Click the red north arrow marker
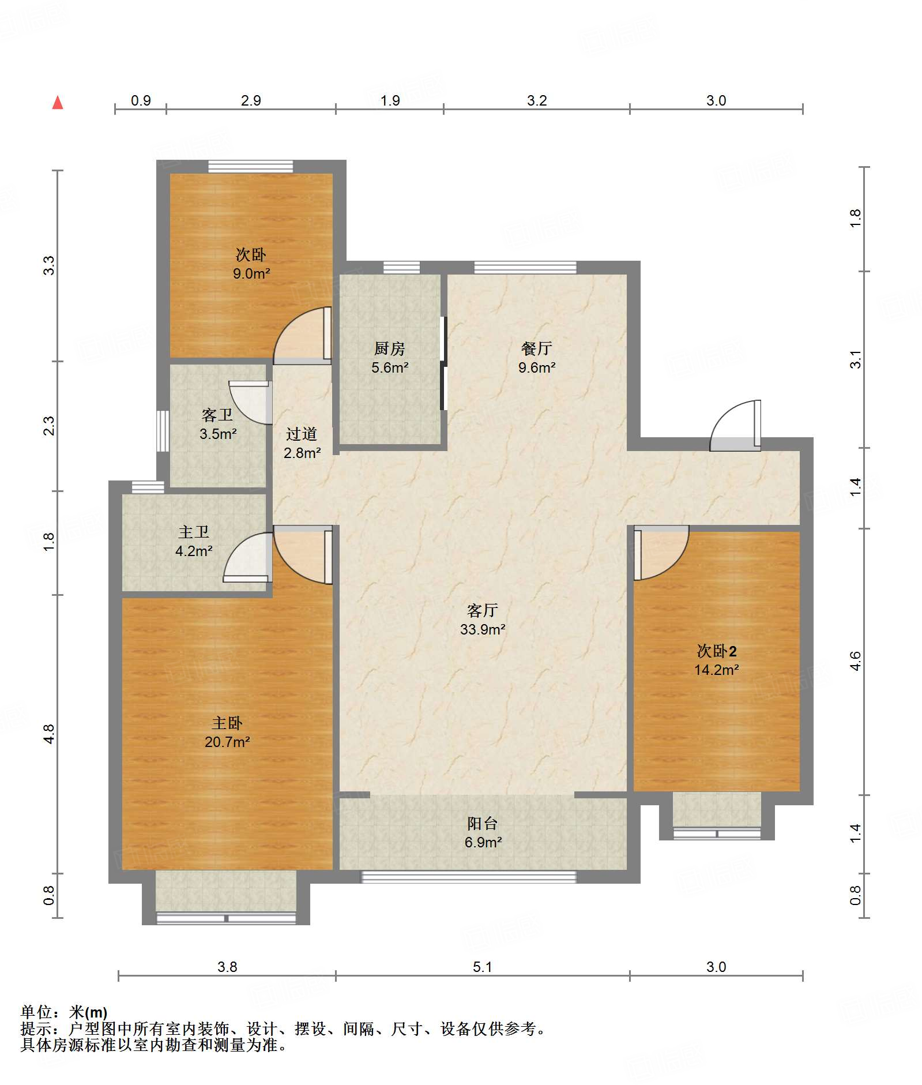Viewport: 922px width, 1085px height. [x=58, y=103]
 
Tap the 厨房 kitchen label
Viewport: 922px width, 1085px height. [x=390, y=348]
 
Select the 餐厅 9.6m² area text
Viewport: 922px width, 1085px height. [x=537, y=367]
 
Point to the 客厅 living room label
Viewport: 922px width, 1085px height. [x=483, y=610]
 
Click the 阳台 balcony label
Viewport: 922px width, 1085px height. [x=483, y=823]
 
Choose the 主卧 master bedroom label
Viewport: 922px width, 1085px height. [x=227, y=723]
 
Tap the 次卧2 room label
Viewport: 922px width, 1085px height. [x=717, y=651]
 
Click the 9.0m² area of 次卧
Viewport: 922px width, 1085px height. [x=251, y=273]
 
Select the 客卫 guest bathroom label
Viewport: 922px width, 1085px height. [x=217, y=415]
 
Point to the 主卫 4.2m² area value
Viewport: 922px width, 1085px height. [x=194, y=551]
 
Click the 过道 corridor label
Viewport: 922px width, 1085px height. [x=302, y=434]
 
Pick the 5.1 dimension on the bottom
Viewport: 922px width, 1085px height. [x=483, y=967]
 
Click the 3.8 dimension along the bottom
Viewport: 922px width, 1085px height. [x=227, y=967]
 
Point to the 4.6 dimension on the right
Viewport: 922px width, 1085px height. [x=855, y=661]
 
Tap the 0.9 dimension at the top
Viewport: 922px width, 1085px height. [x=141, y=100]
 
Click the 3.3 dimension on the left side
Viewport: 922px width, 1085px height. [x=49, y=265]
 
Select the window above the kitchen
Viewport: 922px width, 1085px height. [x=401, y=267]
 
